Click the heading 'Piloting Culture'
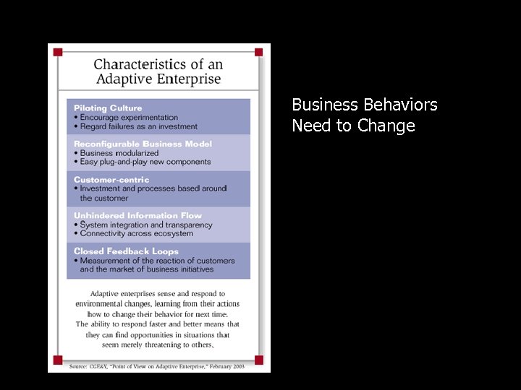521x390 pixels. pyautogui.click(x=108, y=108)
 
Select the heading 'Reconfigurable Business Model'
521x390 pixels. pyautogui.click(x=143, y=144)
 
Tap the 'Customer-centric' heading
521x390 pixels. pyautogui.click(x=111, y=180)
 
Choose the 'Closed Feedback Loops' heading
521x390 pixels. pyautogui.click(x=126, y=251)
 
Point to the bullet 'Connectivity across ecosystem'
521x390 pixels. pyautogui.click(x=136, y=233)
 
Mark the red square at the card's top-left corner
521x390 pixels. pyautogui.click(x=58, y=52)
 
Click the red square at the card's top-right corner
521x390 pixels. pyautogui.click(x=258, y=52)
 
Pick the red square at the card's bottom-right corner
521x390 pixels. pyautogui.click(x=258, y=360)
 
